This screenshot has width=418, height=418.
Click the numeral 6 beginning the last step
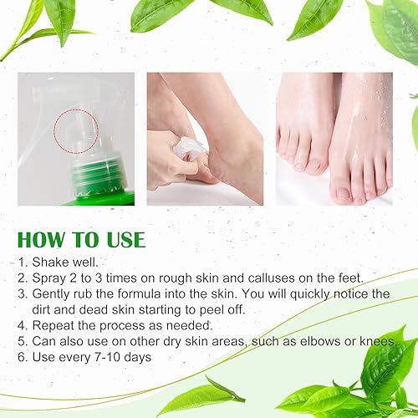tap(22, 358)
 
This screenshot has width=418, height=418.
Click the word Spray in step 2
tap(53, 278)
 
